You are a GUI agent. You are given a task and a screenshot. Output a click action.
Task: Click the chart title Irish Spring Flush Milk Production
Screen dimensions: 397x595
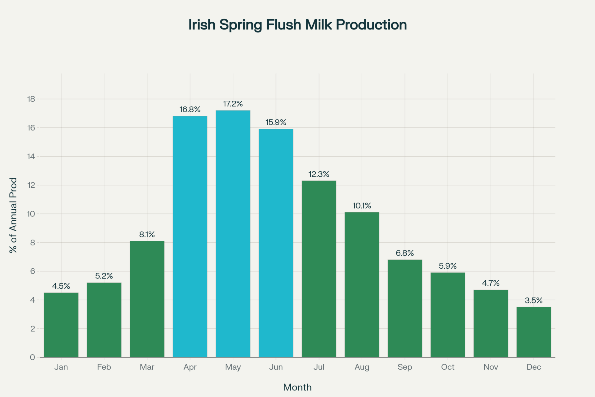pyautogui.click(x=297, y=25)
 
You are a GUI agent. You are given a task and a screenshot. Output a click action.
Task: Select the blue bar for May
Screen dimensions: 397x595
pyautogui.click(x=233, y=234)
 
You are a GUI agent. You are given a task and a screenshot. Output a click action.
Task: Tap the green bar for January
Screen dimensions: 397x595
pyautogui.click(x=61, y=325)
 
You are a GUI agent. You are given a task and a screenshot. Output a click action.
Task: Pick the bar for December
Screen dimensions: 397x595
pyautogui.click(x=534, y=332)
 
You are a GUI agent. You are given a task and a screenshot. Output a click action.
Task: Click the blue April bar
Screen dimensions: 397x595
pyautogui.click(x=190, y=237)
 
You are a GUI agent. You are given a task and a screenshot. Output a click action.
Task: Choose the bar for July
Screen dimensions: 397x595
pyautogui.click(x=319, y=269)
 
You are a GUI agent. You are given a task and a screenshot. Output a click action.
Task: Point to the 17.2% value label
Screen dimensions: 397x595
pyautogui.click(x=233, y=104)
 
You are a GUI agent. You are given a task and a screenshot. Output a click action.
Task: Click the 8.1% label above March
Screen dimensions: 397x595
pyautogui.click(x=147, y=235)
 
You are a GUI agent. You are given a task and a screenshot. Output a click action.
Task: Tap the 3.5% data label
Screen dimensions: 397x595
pyautogui.click(x=534, y=301)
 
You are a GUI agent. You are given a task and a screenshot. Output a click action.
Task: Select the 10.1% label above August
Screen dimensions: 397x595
pyautogui.click(x=362, y=206)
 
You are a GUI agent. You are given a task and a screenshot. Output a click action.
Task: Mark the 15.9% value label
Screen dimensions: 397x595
pyautogui.click(x=276, y=122)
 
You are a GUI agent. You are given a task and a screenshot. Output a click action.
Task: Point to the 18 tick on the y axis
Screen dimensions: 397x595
pyautogui.click(x=31, y=99)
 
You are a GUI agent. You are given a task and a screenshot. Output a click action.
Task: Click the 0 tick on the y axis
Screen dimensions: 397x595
pyautogui.click(x=32, y=357)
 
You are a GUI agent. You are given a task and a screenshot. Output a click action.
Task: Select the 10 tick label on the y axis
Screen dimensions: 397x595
pyautogui.click(x=31, y=214)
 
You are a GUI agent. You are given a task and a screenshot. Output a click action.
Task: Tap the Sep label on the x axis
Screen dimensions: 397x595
pyautogui.click(x=405, y=367)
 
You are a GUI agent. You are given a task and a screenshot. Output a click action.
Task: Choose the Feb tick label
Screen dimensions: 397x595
pyautogui.click(x=104, y=367)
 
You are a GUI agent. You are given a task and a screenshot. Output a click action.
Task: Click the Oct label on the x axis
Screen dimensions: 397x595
pyautogui.click(x=448, y=367)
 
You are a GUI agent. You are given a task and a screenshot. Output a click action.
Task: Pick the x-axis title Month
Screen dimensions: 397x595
pyautogui.click(x=297, y=387)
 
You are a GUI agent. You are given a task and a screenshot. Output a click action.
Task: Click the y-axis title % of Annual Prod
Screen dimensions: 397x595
pyautogui.click(x=13, y=215)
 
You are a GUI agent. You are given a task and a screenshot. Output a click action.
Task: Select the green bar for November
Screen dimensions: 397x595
pyautogui.click(x=491, y=323)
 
